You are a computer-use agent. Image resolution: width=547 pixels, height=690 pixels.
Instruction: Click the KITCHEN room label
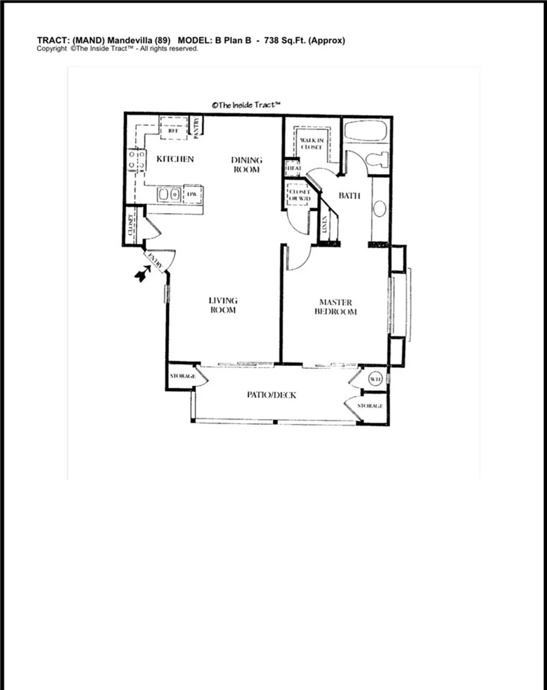tap(175, 159)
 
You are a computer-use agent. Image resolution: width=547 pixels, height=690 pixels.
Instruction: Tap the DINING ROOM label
tap(246, 165)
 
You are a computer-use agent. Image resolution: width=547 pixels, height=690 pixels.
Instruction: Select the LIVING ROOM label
tap(223, 305)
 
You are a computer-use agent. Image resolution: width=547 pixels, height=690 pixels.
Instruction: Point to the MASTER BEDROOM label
tap(335, 307)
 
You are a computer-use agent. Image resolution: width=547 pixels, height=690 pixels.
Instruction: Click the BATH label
tap(349, 196)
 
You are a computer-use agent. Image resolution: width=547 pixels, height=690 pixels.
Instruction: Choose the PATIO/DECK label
tap(271, 395)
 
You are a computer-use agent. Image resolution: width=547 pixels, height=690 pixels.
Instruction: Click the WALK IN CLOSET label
tap(311, 144)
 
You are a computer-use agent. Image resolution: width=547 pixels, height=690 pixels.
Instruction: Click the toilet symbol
tap(380, 159)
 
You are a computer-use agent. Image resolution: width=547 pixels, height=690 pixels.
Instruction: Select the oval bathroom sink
tap(379, 208)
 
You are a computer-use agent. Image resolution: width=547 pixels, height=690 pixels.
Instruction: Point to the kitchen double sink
tap(170, 195)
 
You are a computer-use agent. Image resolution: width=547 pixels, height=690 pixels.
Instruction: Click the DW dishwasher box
tap(191, 195)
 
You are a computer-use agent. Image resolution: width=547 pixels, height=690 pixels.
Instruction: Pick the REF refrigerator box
tap(174, 130)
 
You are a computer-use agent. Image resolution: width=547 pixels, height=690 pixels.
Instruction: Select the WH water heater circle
tap(375, 379)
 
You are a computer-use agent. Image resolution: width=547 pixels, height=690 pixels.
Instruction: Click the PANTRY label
tap(196, 128)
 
